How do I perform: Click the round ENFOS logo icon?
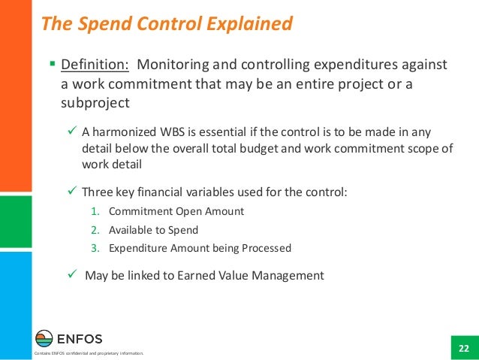tap(45, 338)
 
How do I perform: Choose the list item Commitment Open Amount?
tap(176, 212)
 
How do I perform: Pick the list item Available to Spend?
tap(153, 230)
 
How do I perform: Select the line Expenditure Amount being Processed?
tap(199, 248)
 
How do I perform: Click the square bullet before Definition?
tap(52, 65)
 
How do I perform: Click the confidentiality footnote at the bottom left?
tap(83, 354)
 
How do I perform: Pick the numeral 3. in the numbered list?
tap(94, 248)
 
